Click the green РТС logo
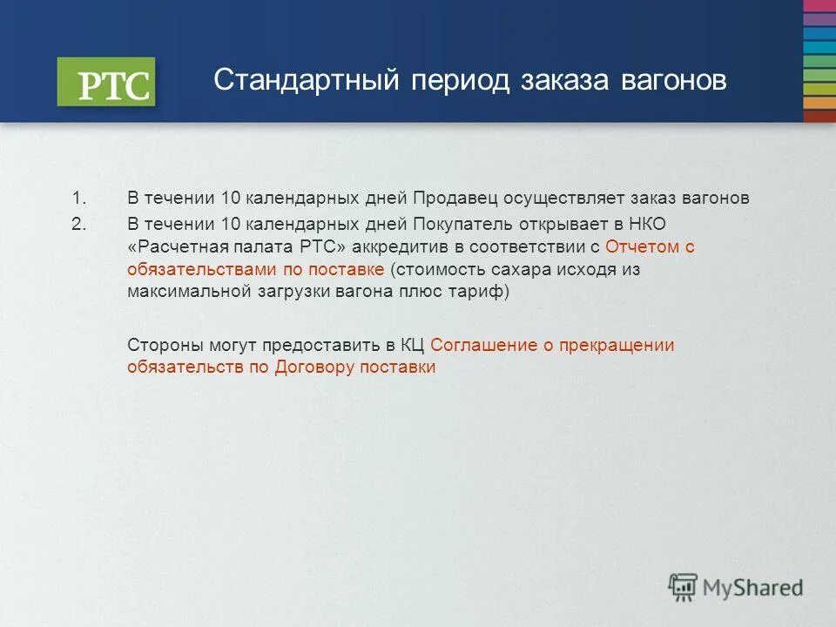coord(106,83)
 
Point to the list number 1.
coord(79,199)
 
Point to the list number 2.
coord(79,223)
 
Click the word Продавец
coord(454,199)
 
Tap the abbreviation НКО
coord(647,223)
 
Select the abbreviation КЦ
coord(413,345)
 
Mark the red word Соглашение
coord(483,345)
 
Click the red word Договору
coord(315,367)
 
